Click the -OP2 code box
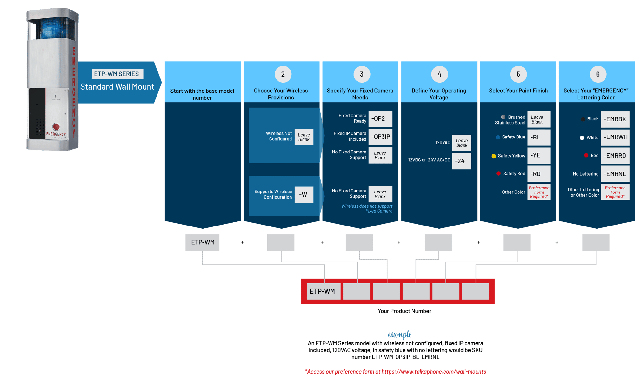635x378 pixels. (380, 118)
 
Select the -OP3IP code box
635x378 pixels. (380, 137)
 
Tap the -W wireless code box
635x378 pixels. (304, 195)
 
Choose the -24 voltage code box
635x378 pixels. (461, 161)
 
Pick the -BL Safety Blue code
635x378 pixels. (538, 137)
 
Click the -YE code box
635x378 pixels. (538, 155)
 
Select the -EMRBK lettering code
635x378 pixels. (615, 119)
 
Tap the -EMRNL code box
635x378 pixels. (615, 174)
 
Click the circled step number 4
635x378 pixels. (439, 74)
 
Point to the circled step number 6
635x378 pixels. (598, 74)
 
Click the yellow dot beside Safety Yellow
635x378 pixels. (494, 156)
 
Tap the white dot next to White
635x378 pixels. (582, 138)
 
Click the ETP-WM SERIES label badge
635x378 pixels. (117, 74)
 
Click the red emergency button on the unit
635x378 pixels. (56, 127)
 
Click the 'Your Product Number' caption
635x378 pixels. (404, 311)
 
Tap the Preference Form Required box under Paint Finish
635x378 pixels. (539, 192)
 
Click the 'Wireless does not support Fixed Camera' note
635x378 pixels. (367, 208)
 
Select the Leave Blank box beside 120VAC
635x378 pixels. (461, 143)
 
